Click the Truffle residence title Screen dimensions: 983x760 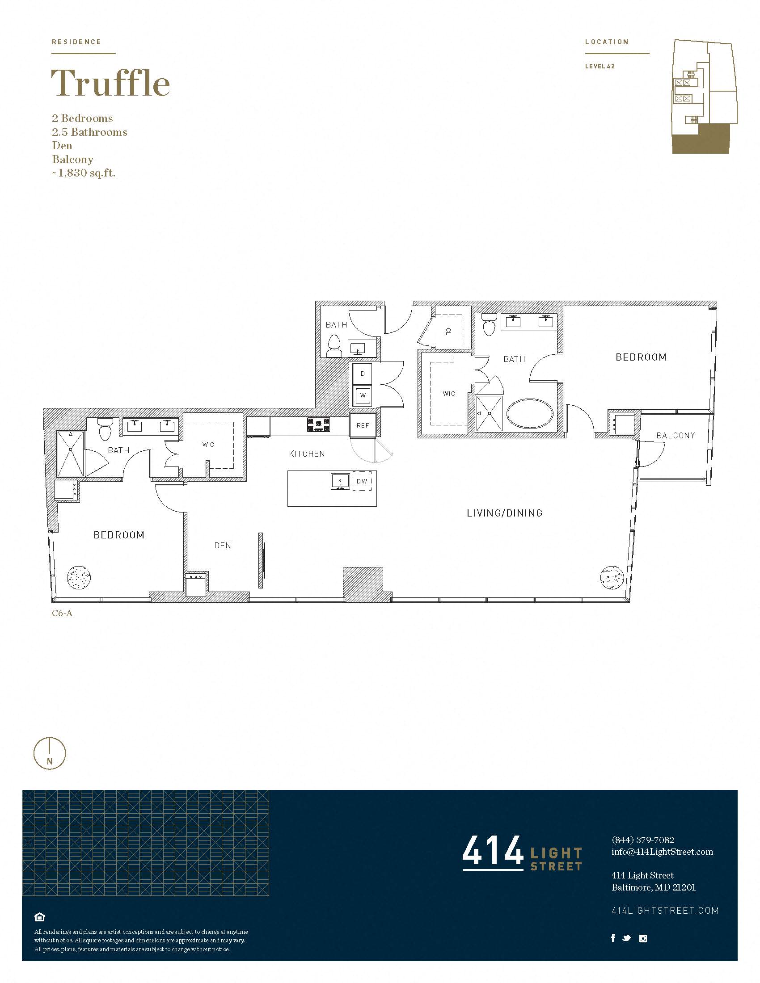pyautogui.click(x=110, y=83)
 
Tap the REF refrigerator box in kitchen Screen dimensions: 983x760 pyautogui.click(x=363, y=425)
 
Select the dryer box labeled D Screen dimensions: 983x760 pyautogui.click(x=363, y=374)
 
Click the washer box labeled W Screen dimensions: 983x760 pyautogui.click(x=363, y=395)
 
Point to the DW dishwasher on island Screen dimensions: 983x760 pyautogui.click(x=362, y=481)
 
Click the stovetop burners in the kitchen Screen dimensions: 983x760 pyautogui.click(x=318, y=424)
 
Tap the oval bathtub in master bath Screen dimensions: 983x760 pyautogui.click(x=530, y=413)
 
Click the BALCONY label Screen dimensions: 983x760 pyautogui.click(x=676, y=435)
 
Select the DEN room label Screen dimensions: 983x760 pyautogui.click(x=223, y=546)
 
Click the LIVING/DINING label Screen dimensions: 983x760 pyautogui.click(x=504, y=513)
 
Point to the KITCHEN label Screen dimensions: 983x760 pyautogui.click(x=307, y=454)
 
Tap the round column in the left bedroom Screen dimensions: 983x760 pyautogui.click(x=79, y=576)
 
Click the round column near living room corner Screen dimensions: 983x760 pyautogui.click(x=612, y=576)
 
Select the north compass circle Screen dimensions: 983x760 pyautogui.click(x=50, y=753)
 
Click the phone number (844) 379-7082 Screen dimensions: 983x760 pyautogui.click(x=642, y=840)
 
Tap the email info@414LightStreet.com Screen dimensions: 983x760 pyautogui.click(x=662, y=852)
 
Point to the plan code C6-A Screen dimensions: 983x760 pyautogui.click(x=62, y=613)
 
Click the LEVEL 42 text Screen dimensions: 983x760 pyautogui.click(x=599, y=66)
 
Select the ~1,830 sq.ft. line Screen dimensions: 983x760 pyautogui.click(x=84, y=173)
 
